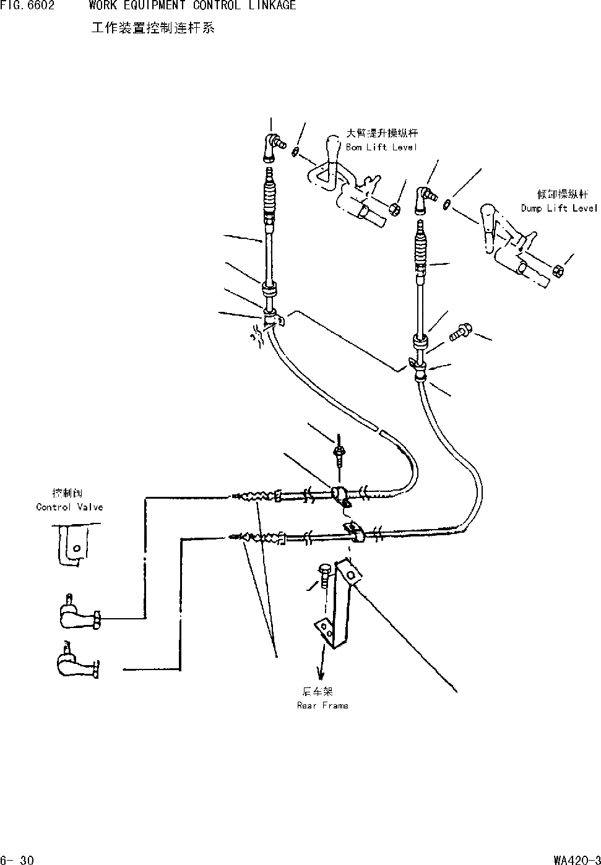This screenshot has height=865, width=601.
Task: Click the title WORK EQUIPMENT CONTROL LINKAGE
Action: (x=192, y=6)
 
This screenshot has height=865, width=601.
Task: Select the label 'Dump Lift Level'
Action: (x=560, y=209)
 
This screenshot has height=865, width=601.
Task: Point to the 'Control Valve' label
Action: (x=69, y=507)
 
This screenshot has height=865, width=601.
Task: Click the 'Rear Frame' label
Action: (x=322, y=705)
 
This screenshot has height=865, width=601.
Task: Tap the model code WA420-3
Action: (x=576, y=859)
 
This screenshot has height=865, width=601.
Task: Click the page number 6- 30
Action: (x=17, y=859)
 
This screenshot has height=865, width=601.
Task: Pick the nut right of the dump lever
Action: (x=557, y=270)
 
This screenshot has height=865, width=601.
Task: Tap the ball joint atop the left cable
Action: (x=272, y=146)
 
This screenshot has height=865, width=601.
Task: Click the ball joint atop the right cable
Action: (x=425, y=197)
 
